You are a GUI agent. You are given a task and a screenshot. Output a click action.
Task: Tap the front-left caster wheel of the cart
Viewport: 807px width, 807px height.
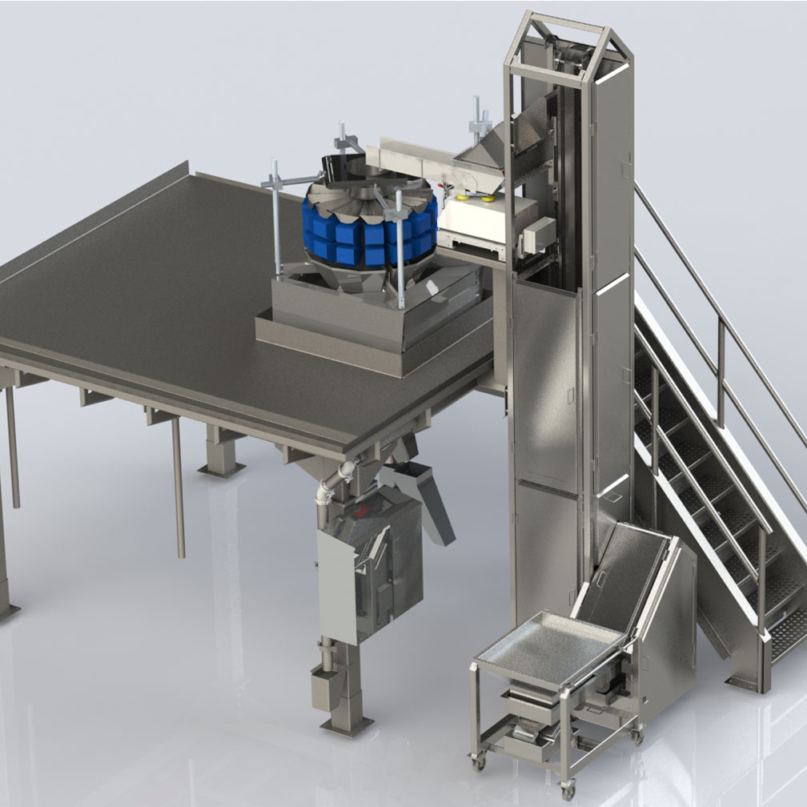click(x=478, y=762)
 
